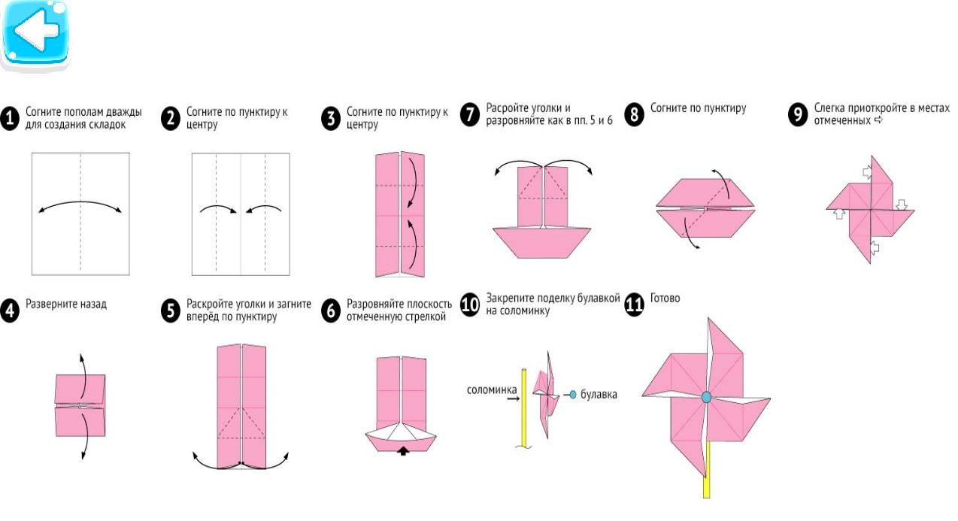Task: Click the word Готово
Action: pyautogui.click(x=665, y=298)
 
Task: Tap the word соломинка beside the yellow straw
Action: pyautogui.click(x=491, y=389)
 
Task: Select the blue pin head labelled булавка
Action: pyautogui.click(x=573, y=394)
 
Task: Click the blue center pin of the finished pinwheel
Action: pyautogui.click(x=706, y=396)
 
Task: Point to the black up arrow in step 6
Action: pyautogui.click(x=405, y=451)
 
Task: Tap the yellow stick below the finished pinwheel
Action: pyautogui.click(x=707, y=481)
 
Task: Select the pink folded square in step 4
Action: pyautogui.click(x=80, y=404)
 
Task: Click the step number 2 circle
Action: pyautogui.click(x=171, y=118)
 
